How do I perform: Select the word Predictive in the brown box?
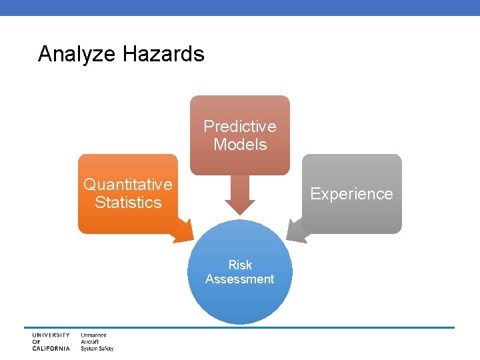coord(240,126)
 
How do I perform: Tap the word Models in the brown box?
coord(240,145)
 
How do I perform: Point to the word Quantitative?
coord(127,184)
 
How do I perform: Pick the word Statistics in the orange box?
coord(128,203)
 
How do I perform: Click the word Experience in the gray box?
coord(351,194)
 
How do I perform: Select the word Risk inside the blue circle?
coord(240,265)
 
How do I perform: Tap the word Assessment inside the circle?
coord(240,279)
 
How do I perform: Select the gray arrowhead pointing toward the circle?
coord(297,230)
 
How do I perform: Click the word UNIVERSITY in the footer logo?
coord(51,335)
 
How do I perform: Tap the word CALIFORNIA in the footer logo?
coord(51,349)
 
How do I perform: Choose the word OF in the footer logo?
coord(36,342)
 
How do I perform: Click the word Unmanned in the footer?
coord(94,335)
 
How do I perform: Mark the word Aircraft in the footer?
coord(91,342)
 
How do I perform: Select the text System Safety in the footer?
coord(97,349)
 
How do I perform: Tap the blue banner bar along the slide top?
coord(240,7)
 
